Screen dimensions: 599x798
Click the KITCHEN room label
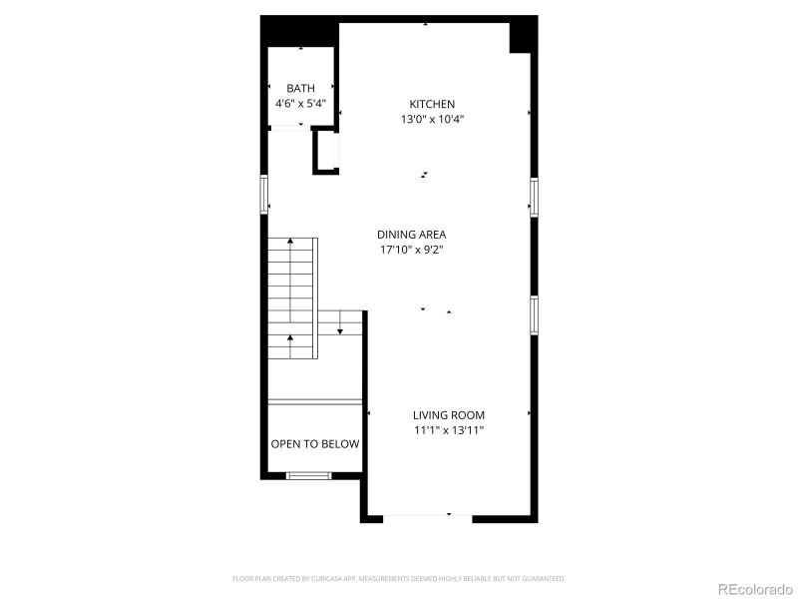[x=432, y=104]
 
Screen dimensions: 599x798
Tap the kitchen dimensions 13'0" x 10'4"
[x=432, y=119]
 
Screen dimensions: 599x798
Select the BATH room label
[x=300, y=89]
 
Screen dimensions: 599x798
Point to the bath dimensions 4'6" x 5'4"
[x=300, y=103]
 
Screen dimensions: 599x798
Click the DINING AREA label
[x=411, y=235]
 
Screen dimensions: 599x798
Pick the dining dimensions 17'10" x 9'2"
[x=411, y=250]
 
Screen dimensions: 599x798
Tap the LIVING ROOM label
[x=449, y=414]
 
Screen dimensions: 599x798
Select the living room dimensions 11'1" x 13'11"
[x=449, y=430]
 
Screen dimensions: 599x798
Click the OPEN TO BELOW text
[x=315, y=444]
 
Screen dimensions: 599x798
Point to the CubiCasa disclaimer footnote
[x=399, y=578]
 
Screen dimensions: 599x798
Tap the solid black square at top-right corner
[x=524, y=37]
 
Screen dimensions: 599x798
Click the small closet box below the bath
[x=326, y=152]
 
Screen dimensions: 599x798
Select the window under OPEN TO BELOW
[x=308, y=475]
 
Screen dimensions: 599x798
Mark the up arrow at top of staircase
[x=290, y=243]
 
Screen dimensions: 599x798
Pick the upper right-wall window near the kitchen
[x=535, y=196]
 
